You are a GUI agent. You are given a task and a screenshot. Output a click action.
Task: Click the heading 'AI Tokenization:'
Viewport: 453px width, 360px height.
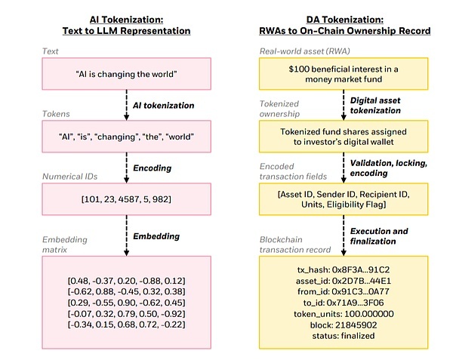coord(126,20)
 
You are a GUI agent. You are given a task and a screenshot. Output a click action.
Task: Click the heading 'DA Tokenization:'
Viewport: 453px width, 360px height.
coord(345,20)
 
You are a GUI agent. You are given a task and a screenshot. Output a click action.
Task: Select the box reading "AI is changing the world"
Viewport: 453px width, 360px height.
coord(127,74)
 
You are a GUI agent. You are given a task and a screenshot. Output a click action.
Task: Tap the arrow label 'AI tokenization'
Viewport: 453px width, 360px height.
coord(164,106)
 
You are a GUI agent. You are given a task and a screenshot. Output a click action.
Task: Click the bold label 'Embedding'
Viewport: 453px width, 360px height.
coord(156,236)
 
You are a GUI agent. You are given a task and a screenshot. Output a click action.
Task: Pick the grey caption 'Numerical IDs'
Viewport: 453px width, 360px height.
coord(70,177)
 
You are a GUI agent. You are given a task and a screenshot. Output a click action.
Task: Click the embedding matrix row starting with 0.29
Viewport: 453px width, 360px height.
coord(127,303)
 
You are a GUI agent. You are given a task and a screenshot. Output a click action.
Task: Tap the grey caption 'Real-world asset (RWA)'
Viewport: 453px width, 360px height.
coord(304,51)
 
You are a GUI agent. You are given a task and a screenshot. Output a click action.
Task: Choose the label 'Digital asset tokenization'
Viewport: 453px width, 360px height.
coord(375,106)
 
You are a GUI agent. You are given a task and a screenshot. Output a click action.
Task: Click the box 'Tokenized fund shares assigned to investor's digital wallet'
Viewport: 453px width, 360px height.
coord(344,137)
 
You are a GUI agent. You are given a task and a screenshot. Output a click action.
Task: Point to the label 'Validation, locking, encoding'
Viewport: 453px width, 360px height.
coord(389,168)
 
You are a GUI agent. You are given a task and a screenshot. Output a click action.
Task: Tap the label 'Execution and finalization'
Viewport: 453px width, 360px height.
coord(379,236)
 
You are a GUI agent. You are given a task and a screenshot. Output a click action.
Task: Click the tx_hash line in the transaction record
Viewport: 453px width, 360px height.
coord(344,269)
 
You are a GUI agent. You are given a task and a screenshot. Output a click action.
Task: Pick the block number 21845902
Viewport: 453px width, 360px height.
coord(356,325)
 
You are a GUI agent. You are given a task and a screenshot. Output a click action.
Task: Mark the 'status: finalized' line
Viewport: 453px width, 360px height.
coord(344,336)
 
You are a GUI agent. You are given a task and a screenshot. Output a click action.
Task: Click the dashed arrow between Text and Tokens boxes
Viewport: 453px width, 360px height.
coord(126,105)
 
